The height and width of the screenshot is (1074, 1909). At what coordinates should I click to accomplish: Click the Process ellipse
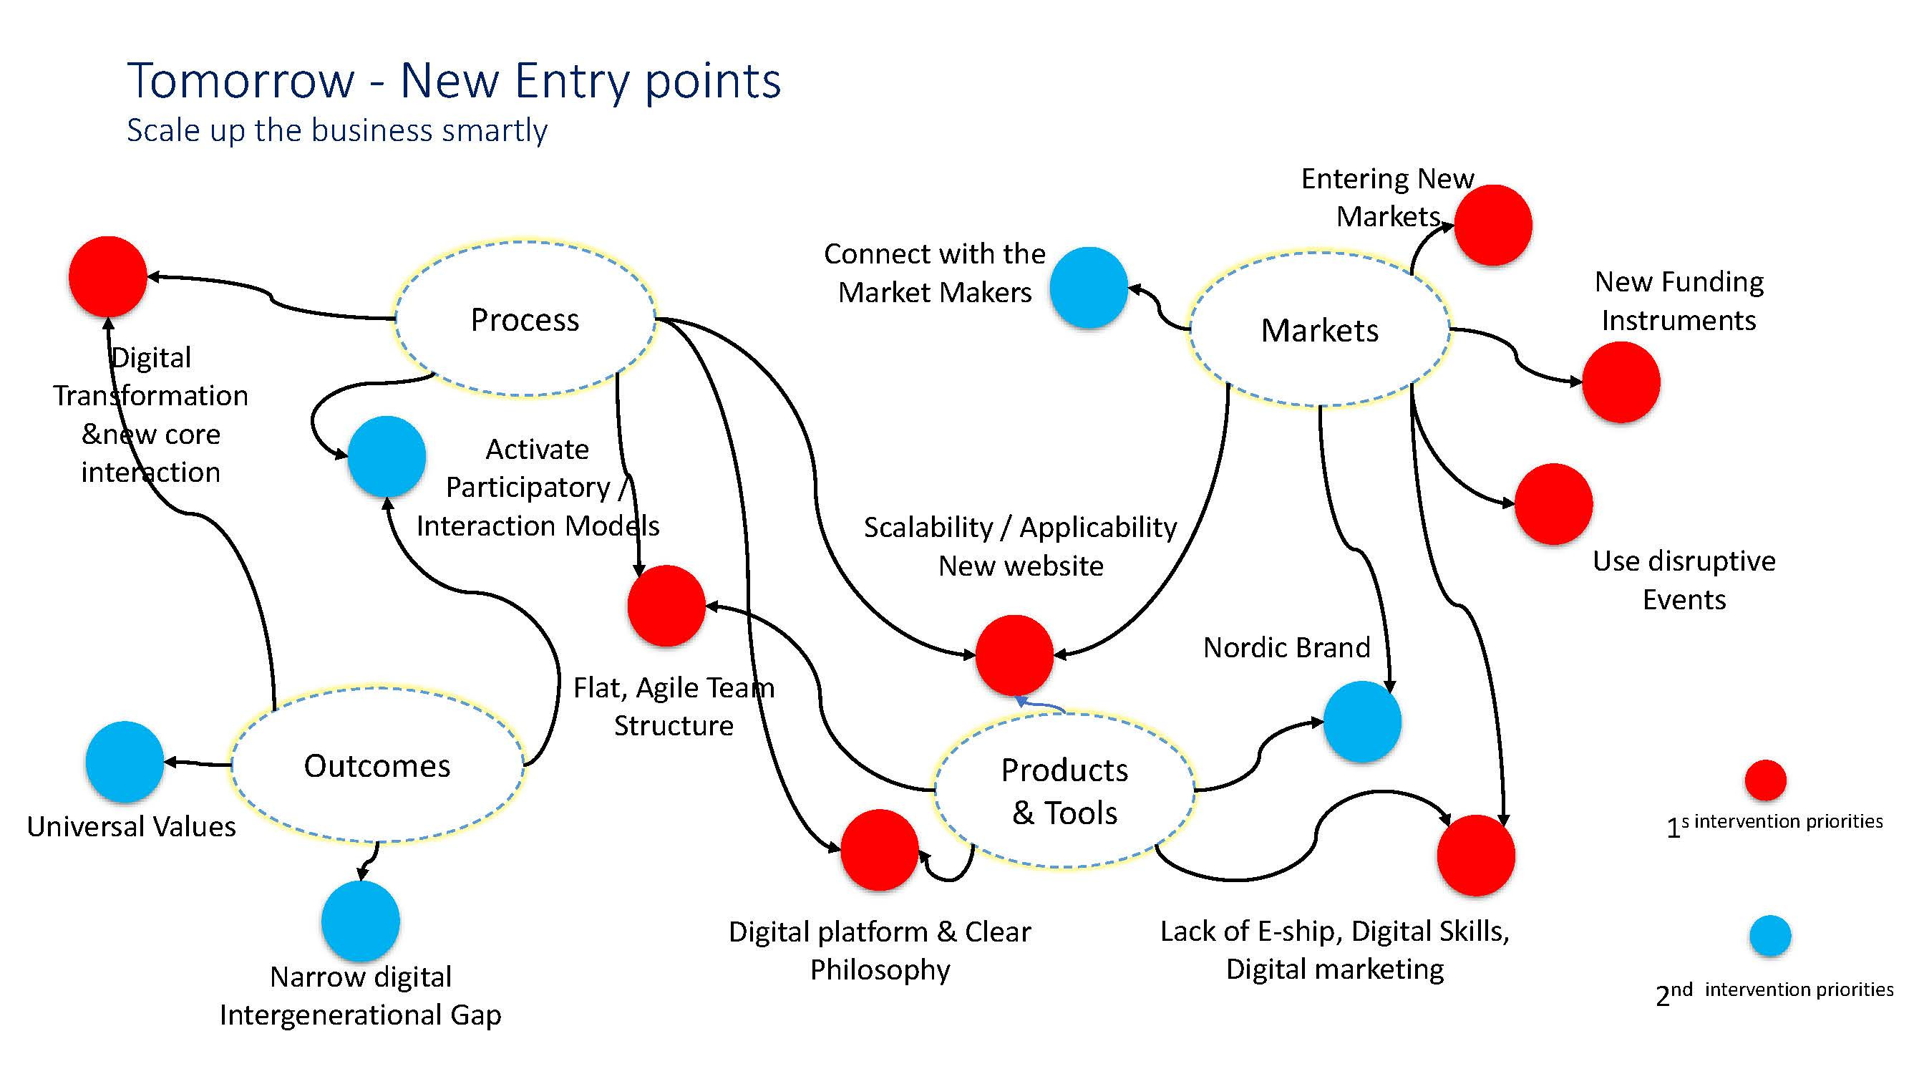pos(525,319)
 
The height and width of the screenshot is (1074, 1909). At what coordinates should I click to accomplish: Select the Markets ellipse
pos(1319,330)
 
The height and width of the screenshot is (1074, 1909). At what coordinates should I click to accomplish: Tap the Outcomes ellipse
pos(377,765)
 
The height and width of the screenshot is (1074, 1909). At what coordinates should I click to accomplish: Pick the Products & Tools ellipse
pos(1064,791)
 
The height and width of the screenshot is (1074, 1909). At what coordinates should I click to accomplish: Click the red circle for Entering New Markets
pos(1492,225)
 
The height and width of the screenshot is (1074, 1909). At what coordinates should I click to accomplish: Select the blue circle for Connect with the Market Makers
pos(1089,288)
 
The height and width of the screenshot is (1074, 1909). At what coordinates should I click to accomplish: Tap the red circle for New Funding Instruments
pos(1621,382)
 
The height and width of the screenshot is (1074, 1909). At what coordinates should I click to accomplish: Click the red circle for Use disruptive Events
pos(1553,504)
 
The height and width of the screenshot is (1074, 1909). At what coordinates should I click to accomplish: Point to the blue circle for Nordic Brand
pos(1362,721)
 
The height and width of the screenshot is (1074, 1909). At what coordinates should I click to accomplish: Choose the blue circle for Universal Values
pos(125,761)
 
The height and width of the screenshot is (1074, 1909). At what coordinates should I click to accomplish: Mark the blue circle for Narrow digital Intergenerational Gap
pos(361,921)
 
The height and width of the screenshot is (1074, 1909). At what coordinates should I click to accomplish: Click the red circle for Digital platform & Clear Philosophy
pos(880,849)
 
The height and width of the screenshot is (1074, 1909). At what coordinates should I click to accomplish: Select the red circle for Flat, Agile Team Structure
pos(666,606)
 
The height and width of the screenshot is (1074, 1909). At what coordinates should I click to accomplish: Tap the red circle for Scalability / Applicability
pos(1014,654)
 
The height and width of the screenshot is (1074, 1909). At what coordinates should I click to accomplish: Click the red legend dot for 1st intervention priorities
pos(1765,780)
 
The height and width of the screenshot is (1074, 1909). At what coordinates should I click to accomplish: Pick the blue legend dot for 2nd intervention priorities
pos(1770,936)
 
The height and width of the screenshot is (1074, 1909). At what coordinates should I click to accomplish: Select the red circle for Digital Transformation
pos(107,276)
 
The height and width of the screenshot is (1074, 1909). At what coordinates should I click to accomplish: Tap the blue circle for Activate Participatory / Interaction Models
pos(386,456)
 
